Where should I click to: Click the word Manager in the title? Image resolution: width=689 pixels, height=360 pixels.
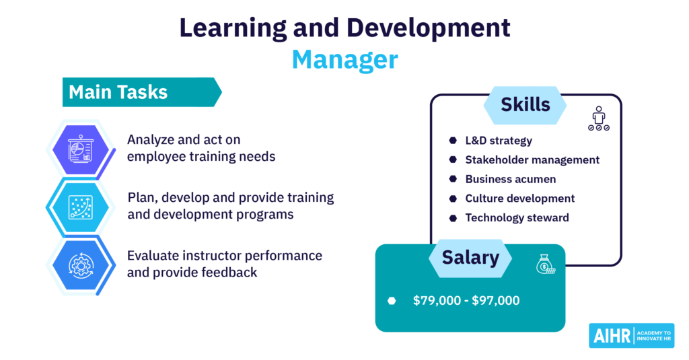click(345, 59)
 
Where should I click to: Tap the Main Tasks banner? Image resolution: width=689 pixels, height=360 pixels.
click(142, 92)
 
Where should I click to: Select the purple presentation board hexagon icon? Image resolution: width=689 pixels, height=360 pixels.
click(81, 149)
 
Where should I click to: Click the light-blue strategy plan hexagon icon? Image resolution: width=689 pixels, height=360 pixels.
click(81, 207)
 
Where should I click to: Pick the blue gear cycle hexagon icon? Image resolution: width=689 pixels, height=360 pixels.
click(81, 265)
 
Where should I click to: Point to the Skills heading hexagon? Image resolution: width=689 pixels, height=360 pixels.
click(525, 105)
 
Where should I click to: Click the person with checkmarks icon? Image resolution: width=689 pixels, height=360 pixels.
click(598, 118)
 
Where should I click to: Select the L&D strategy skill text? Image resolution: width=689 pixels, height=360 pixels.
click(499, 141)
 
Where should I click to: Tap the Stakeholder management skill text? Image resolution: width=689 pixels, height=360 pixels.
click(532, 160)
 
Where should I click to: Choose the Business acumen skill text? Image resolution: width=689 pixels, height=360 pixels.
click(511, 180)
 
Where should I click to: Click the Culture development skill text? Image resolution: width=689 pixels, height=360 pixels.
click(520, 199)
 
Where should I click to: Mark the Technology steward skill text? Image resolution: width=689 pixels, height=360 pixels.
click(517, 218)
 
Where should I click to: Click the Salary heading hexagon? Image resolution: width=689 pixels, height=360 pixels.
click(470, 258)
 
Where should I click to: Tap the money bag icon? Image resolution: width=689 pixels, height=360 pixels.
click(545, 264)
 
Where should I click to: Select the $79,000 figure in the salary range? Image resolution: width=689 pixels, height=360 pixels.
click(437, 301)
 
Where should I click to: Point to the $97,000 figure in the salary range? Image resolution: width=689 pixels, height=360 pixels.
click(496, 301)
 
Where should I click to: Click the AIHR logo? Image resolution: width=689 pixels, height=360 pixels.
click(631, 336)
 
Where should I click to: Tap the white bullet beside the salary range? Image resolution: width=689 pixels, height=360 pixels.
click(392, 301)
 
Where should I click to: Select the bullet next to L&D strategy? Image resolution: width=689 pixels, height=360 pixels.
click(453, 140)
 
